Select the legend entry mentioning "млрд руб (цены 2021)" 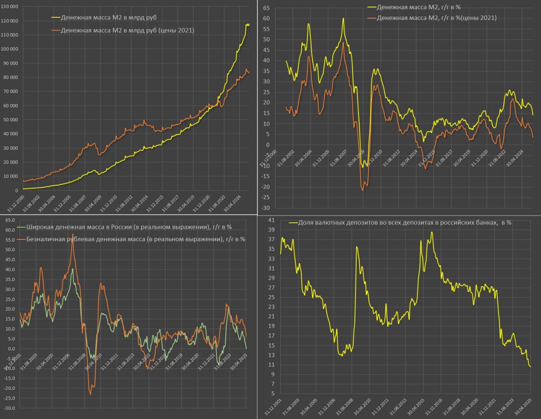click(x=127, y=30)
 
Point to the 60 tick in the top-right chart click(x=266, y=19)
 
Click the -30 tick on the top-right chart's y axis click(x=265, y=208)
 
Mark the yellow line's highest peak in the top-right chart click(x=343, y=18)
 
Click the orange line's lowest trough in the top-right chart click(x=363, y=191)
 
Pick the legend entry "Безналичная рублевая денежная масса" click(x=136, y=239)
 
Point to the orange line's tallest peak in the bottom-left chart click(x=73, y=234)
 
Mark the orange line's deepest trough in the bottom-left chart click(x=90, y=394)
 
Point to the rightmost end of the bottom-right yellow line click(x=530, y=367)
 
